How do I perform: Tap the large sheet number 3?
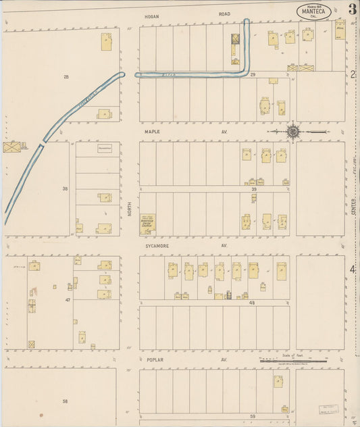coord(353,9)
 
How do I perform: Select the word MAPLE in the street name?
coord(151,132)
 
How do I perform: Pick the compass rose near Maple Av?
coord(293,131)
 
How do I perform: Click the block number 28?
coord(66,77)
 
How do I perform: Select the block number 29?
coord(252,73)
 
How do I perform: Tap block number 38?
coord(66,189)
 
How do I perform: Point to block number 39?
coord(254,189)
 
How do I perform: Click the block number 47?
coord(68,299)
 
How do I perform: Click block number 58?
coord(66,401)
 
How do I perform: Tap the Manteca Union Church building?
coord(147,224)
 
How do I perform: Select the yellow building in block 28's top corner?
coord(106,42)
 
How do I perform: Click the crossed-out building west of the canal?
coord(11,147)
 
